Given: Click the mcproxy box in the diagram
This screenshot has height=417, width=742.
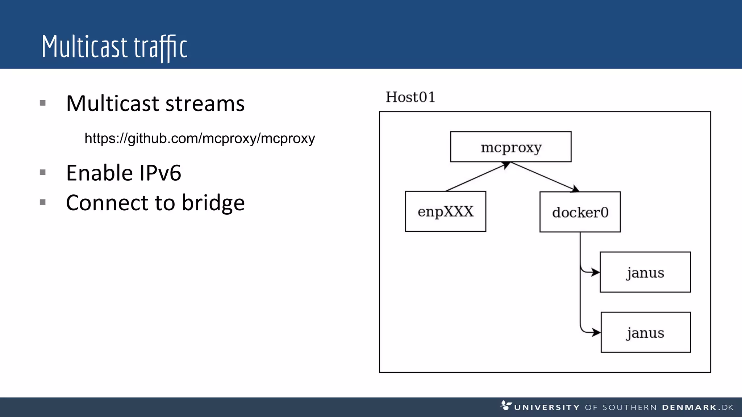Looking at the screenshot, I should coord(510,147).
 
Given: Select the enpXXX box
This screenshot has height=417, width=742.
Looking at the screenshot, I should coord(445,211).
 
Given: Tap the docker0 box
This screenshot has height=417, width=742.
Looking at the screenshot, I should coord(580,212).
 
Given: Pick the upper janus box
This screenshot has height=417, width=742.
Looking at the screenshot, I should coord(645,272).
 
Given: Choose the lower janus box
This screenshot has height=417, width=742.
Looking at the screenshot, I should coord(645,332).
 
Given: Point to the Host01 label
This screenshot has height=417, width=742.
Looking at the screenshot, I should coord(410,97).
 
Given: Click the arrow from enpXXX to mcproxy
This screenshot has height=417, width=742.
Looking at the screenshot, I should coord(478,177).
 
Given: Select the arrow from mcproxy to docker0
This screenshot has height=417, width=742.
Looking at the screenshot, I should coord(544,177).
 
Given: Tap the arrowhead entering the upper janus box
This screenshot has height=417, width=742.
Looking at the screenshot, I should coord(595,272).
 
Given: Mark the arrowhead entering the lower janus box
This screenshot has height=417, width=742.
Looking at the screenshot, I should coord(596,332).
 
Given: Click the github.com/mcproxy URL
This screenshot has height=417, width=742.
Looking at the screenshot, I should coord(200,138).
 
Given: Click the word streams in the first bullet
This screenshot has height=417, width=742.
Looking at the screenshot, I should coord(205,104).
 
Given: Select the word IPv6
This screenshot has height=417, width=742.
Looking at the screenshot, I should coord(160,173).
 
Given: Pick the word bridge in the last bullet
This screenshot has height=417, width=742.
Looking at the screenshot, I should coord(213,203).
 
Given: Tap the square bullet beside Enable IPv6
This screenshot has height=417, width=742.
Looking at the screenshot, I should coord(43,172).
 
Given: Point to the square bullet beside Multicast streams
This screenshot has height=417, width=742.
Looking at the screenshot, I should coord(43,103).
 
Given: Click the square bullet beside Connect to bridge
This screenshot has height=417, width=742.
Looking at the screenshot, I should coord(43,202).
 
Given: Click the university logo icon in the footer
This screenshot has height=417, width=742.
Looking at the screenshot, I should coord(506,405).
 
